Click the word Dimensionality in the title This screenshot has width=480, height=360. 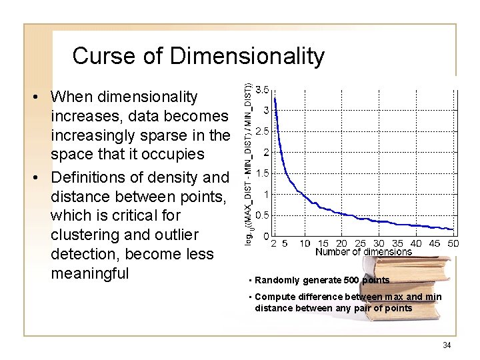(247, 56)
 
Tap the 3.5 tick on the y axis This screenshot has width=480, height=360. (263, 89)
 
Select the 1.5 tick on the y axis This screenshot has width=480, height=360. (263, 173)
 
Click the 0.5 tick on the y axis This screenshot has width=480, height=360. (263, 215)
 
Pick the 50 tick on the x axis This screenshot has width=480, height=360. (453, 243)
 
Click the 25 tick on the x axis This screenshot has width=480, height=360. (360, 243)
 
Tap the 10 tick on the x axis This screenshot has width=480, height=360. (305, 243)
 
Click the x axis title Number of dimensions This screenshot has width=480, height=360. (363, 252)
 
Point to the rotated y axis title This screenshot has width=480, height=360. (248, 163)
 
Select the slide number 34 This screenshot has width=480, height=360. (447, 345)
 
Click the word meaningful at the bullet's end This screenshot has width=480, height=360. (89, 273)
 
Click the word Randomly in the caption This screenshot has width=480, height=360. (274, 281)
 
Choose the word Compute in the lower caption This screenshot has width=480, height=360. (273, 297)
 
